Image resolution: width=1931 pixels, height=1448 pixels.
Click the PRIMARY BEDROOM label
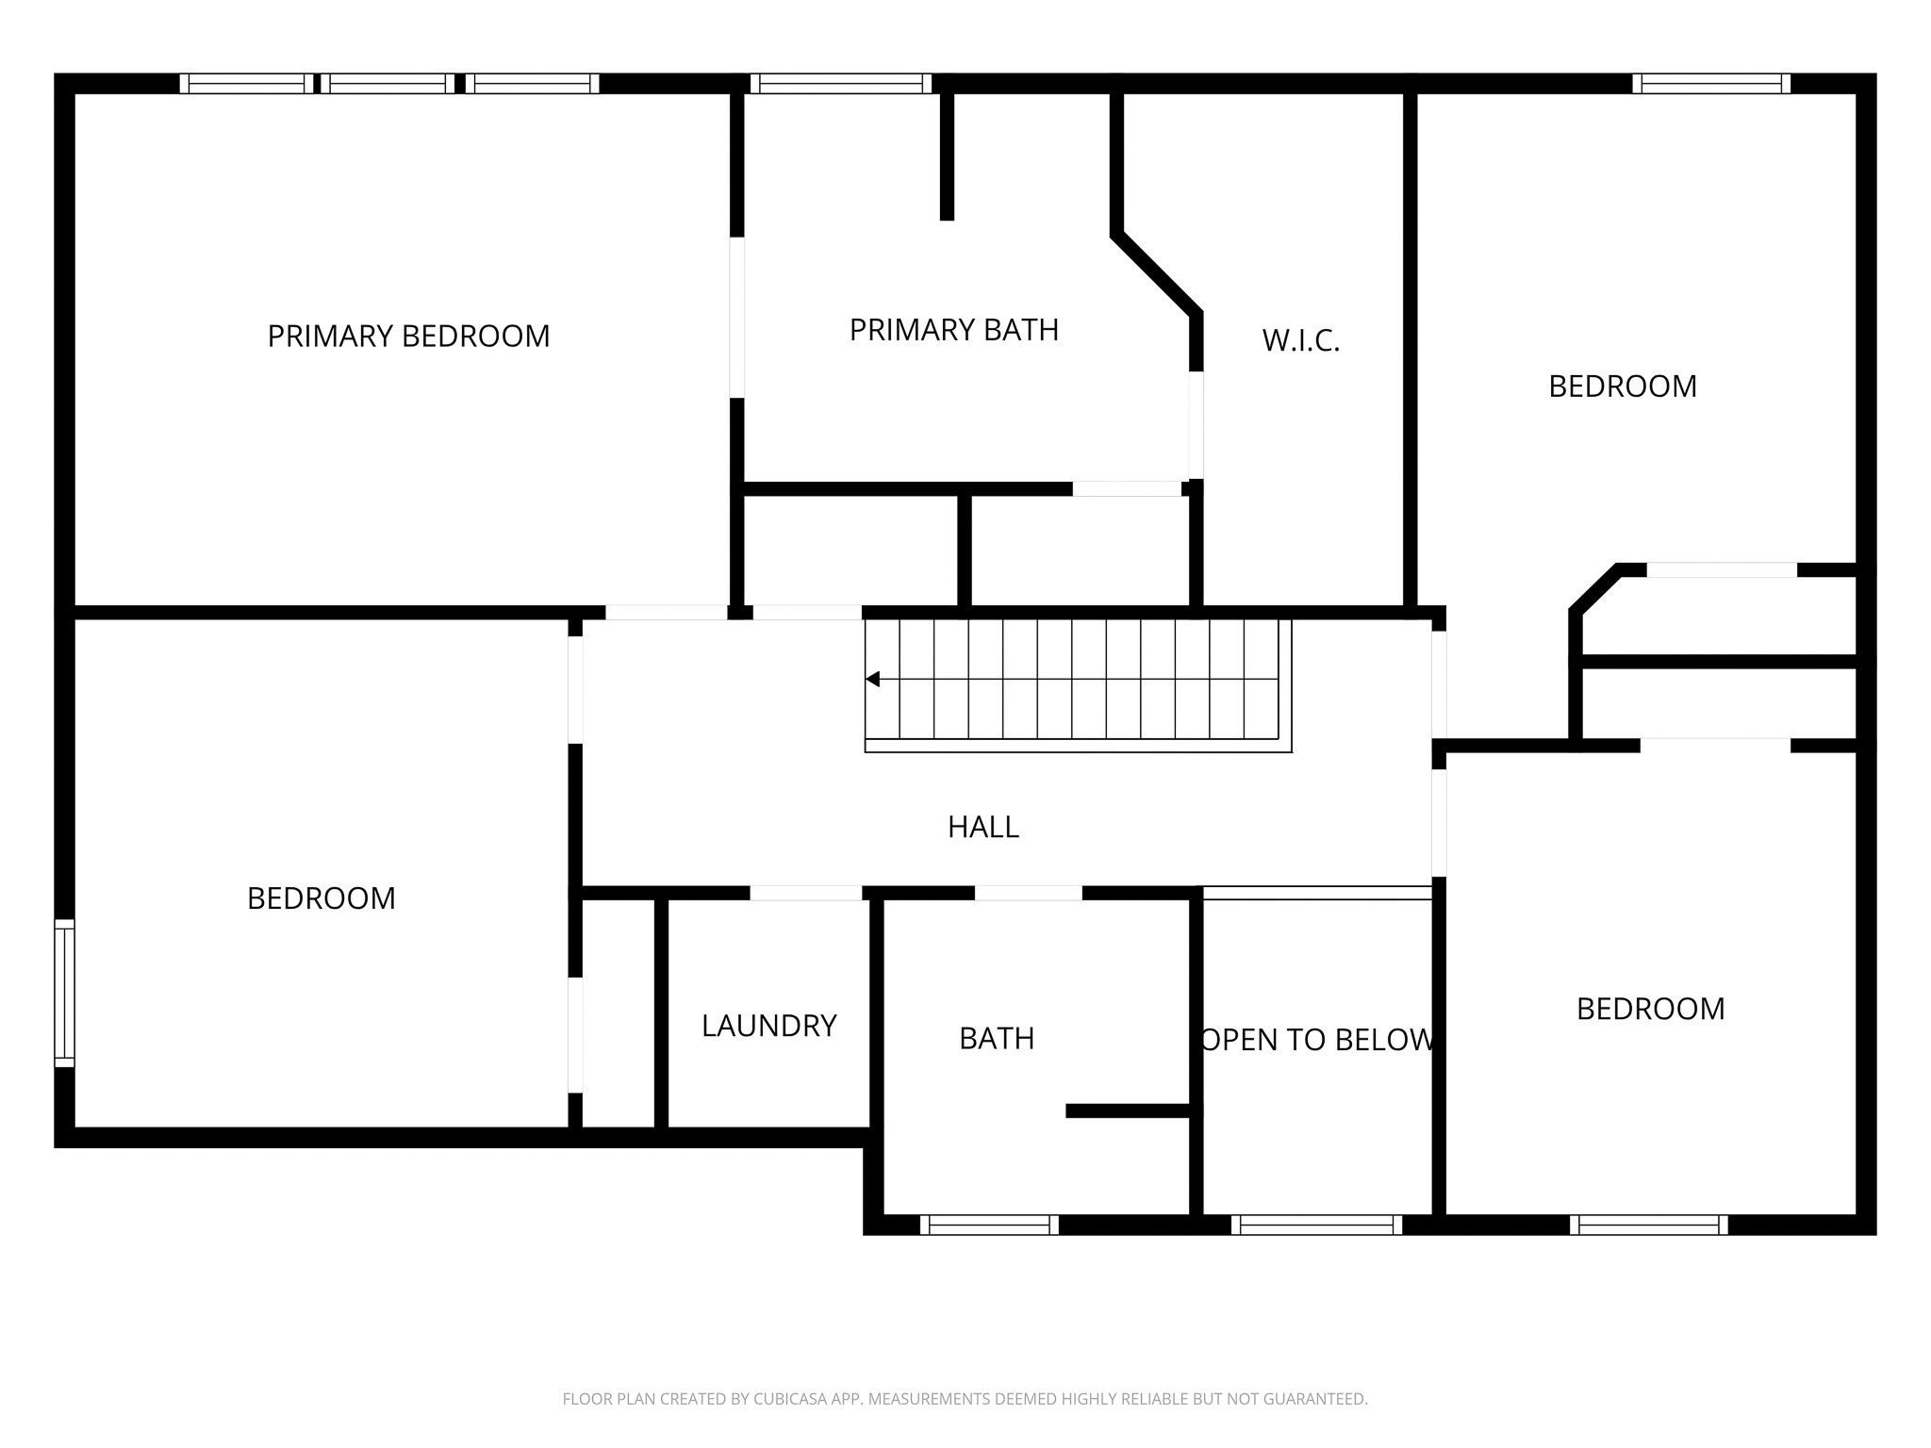tap(408, 337)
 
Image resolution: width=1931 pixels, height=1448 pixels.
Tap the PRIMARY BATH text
tap(954, 330)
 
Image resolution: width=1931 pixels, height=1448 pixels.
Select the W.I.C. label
tap(1301, 340)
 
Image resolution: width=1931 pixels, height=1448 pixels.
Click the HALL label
tap(983, 827)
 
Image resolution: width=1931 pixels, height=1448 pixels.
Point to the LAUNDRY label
tap(769, 1026)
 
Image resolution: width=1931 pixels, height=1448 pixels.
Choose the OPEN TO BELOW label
tap(1318, 1040)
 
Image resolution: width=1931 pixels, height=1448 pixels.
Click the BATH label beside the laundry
tap(997, 1038)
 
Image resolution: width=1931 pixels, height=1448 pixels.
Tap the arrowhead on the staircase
tap(872, 679)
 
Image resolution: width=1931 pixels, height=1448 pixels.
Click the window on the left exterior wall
tap(64, 993)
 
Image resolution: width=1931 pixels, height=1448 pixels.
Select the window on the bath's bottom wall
tap(989, 1225)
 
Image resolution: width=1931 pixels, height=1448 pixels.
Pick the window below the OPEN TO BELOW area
tap(1316, 1225)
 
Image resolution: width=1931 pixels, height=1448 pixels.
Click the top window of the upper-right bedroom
tap(1711, 84)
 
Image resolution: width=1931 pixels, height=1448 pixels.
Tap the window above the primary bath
tap(841, 84)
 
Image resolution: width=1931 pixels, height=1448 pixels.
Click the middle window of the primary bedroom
tap(388, 84)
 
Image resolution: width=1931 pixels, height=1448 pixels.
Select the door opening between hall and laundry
tap(806, 893)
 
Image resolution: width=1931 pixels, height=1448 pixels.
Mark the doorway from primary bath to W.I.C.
tap(1196, 425)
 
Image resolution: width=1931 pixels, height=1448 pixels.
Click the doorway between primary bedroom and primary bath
tap(737, 318)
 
